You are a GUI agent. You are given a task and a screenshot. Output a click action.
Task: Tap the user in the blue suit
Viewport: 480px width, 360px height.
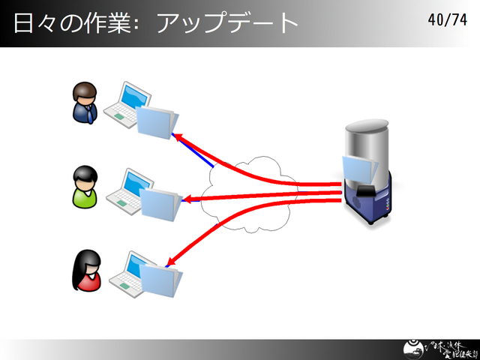[84, 103]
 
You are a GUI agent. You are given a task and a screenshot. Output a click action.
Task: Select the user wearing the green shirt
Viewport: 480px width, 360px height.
[84, 187]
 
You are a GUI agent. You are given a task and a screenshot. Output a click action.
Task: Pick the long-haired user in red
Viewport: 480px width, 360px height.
[85, 271]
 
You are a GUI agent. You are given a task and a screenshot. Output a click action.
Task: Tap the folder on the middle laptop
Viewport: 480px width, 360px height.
[160, 202]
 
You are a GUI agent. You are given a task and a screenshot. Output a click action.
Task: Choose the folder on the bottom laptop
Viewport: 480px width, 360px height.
[161, 279]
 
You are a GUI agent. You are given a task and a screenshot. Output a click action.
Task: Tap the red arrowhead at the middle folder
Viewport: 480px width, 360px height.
[188, 199]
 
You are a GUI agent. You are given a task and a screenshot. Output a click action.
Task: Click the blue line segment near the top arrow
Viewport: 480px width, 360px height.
[202, 155]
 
